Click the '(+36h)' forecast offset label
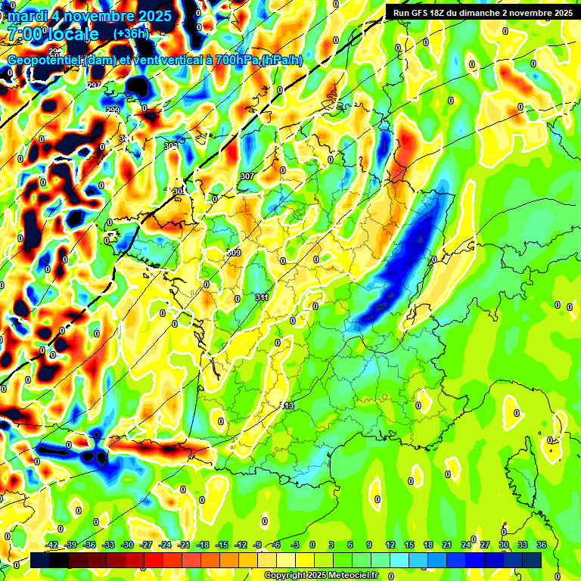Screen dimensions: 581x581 [x=132, y=34]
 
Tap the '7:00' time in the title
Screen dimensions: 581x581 [x=26, y=34]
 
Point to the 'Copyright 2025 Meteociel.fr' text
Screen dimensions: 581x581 [x=321, y=576]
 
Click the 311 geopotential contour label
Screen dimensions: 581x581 [x=262, y=297]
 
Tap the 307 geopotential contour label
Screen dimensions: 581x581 [x=247, y=176]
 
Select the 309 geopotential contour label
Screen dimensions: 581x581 [x=234, y=253]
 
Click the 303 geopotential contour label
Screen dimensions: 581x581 [x=171, y=145]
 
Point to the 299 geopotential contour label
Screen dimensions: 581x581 [x=112, y=111]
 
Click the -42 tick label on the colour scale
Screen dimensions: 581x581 [x=52, y=545]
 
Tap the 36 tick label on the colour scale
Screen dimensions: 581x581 [x=542, y=545]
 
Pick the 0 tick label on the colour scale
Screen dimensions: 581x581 [x=312, y=545]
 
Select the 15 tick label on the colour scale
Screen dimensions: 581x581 [x=409, y=545]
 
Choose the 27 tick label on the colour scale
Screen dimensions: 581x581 [x=485, y=545]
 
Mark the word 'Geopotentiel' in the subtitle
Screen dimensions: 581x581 [x=45, y=60]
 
